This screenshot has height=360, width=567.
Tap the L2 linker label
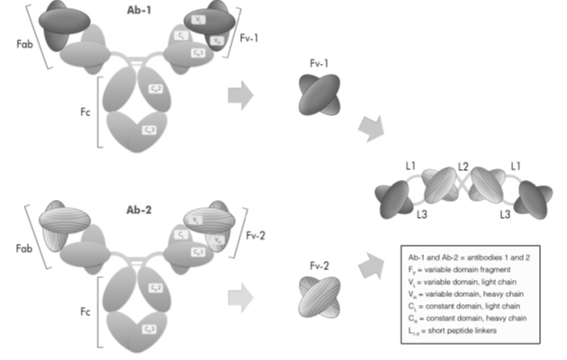(463, 166)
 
